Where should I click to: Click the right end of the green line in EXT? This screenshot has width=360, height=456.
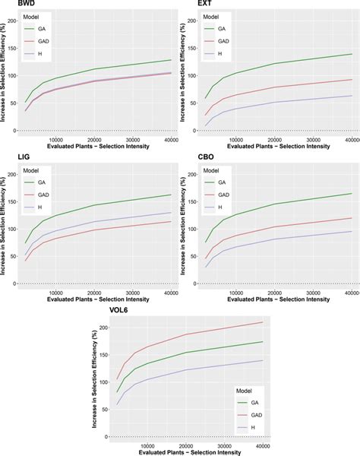[352, 54]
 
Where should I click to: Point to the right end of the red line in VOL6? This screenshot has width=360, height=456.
[263, 322]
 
